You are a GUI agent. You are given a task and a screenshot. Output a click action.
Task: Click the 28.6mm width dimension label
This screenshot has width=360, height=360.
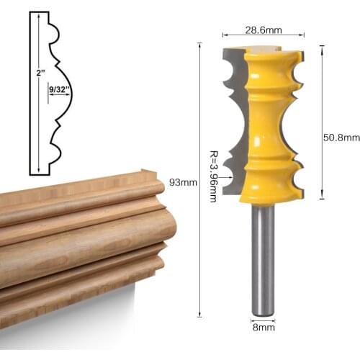click(262, 30)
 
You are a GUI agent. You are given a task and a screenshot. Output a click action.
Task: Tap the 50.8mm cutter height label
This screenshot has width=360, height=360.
click(341, 138)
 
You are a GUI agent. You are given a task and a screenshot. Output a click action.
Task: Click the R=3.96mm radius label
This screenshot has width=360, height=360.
click(213, 174)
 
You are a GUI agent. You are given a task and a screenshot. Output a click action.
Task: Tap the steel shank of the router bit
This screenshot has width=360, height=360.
click(263, 259)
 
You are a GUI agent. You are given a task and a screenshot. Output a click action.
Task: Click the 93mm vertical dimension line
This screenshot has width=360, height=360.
click(200, 180)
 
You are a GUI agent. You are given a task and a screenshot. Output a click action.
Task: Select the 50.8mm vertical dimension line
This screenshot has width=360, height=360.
click(321, 122)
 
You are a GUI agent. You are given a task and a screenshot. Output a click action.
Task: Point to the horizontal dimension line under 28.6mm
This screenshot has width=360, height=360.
click(262, 36)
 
